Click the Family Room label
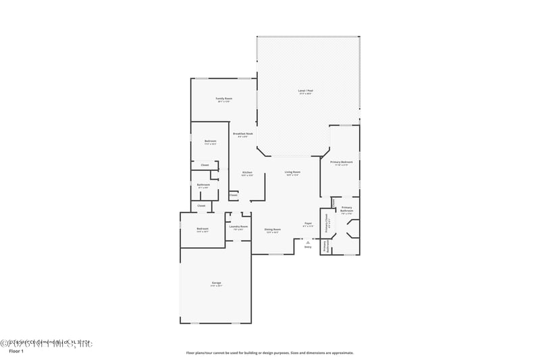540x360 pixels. coord(223,99)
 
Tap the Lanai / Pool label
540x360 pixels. coord(306,91)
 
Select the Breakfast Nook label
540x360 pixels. coord(243,134)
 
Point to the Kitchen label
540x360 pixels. coord(247,172)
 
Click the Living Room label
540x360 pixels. coord(292,172)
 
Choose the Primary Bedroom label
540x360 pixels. coord(342,162)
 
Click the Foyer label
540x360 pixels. coord(308,223)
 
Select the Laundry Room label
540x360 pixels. coord(238,226)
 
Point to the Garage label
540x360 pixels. coord(216,282)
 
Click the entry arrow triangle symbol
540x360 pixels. coord(308,241)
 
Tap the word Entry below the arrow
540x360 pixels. coord(308,247)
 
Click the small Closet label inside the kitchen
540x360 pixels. coord(234,195)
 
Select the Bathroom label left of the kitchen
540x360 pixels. coord(203,185)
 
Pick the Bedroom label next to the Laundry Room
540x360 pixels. coord(202,229)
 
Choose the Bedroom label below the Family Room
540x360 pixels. coord(210,141)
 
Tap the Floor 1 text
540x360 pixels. coord(16,352)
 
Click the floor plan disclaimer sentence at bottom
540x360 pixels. coord(270,353)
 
